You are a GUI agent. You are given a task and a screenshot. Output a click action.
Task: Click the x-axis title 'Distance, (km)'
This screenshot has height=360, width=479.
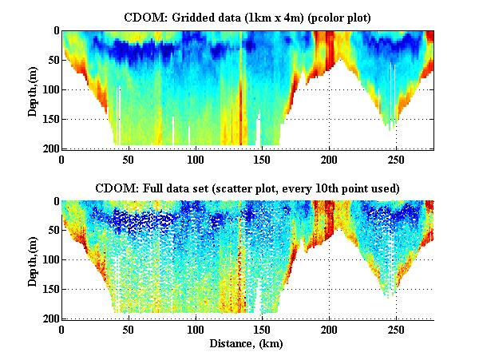click(x=247, y=344)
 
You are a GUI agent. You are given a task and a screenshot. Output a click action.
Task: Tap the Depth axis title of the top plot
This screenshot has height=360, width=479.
click(x=32, y=89)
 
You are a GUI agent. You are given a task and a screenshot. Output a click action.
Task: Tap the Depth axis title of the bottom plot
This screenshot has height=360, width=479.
click(x=32, y=260)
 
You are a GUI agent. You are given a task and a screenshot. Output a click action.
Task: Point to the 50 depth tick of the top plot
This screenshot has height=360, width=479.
click(x=50, y=60)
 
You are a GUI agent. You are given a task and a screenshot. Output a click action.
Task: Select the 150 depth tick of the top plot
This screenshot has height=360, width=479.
click(x=47, y=119)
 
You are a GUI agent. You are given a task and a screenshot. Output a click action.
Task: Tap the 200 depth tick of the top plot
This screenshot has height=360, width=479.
click(x=47, y=148)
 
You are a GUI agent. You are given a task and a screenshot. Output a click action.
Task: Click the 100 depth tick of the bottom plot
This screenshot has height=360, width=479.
click(x=47, y=260)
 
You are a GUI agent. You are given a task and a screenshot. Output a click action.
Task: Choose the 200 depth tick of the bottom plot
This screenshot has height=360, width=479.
click(x=47, y=319)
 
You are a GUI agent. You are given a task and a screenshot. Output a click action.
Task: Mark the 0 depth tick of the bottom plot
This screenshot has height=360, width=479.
click(x=53, y=202)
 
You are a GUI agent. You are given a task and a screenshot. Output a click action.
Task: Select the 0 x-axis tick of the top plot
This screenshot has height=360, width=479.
click(x=61, y=158)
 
